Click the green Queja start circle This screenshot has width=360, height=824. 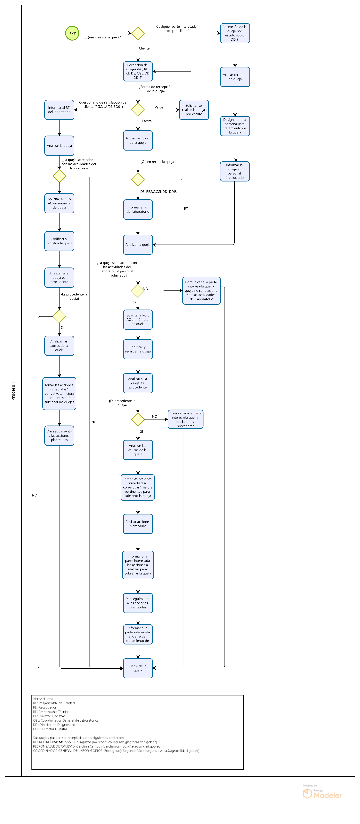click(72, 33)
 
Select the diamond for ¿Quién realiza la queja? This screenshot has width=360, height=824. click(138, 33)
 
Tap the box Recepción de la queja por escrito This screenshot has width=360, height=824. click(235, 33)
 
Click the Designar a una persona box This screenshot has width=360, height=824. click(235, 126)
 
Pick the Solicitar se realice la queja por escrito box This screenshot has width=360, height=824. click(194, 110)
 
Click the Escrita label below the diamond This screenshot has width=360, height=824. click(147, 121)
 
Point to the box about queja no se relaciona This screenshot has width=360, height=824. click(201, 290)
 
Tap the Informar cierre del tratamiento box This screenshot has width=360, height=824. click(138, 634)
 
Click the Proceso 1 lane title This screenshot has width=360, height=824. click(13, 390)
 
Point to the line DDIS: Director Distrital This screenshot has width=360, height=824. click(50, 729)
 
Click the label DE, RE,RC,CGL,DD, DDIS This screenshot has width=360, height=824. click(158, 192)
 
